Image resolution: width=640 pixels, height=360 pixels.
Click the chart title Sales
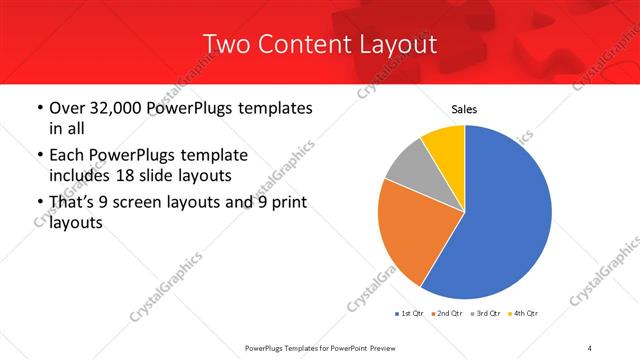(x=464, y=109)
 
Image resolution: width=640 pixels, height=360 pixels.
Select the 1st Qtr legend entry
(x=410, y=314)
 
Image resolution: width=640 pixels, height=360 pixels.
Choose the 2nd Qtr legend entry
(x=445, y=314)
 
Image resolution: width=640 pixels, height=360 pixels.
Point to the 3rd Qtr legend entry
(x=485, y=314)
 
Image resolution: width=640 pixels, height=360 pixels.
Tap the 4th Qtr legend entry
(x=524, y=314)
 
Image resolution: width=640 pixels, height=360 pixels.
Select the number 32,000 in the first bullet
(x=112, y=108)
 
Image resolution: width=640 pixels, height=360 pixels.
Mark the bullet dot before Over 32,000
(x=39, y=108)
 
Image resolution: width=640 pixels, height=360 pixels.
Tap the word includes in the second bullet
(x=80, y=175)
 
